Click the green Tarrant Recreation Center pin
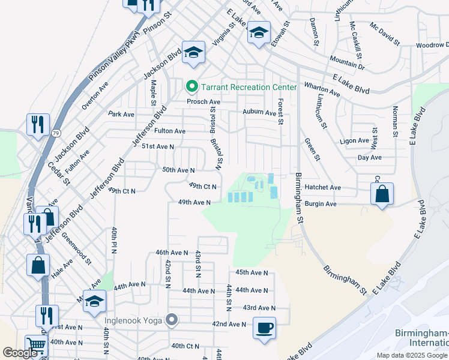[x=192, y=87]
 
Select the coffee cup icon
[x=264, y=328]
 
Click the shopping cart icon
[x=37, y=346]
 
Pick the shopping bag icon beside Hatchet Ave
[x=382, y=194]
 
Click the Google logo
[x=20, y=353]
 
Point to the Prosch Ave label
[x=203, y=102]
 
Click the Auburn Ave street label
[x=259, y=112]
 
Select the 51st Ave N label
[x=158, y=146]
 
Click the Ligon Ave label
[x=354, y=140]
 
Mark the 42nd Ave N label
[x=229, y=324]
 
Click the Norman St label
[x=394, y=121]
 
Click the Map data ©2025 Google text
[x=411, y=355]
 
